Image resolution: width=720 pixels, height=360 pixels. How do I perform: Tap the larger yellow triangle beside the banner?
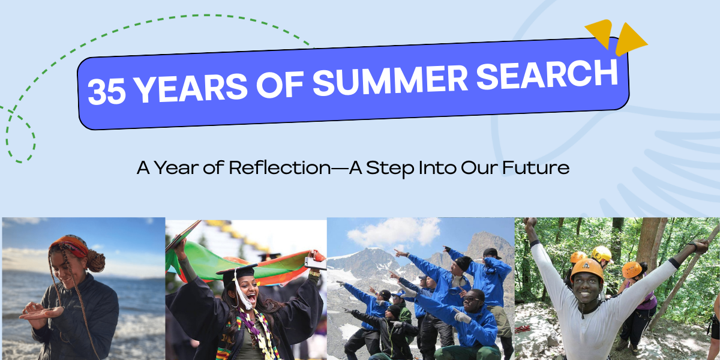[628, 40]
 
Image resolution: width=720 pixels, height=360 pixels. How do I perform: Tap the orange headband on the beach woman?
[69, 245]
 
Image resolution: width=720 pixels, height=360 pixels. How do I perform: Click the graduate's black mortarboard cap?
[237, 272]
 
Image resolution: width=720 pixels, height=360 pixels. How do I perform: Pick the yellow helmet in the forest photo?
[601, 253]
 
